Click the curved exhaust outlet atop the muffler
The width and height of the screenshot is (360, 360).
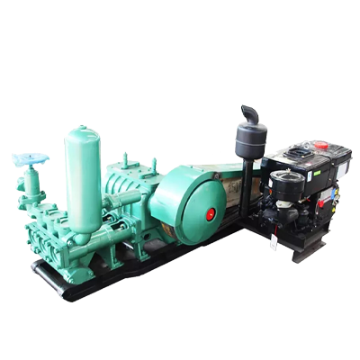coord(249,115)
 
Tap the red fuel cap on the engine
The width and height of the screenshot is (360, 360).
coord(319,145)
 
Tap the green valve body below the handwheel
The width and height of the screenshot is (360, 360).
coord(31,185)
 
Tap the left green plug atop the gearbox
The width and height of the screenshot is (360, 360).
coord(125,163)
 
